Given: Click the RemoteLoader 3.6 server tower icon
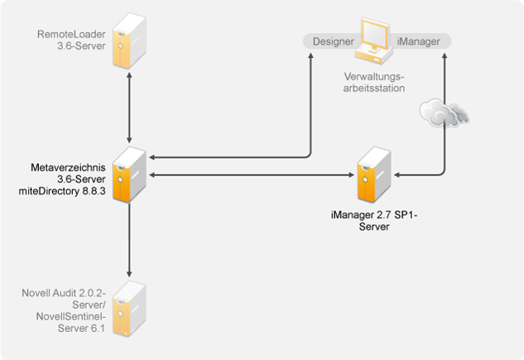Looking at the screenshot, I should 130,40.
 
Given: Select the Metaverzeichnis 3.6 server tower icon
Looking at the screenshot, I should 130,176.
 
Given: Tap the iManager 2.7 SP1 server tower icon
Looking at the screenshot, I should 371,176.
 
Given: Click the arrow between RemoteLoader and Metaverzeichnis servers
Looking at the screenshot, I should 130,108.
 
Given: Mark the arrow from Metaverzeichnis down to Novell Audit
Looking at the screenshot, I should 130,240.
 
